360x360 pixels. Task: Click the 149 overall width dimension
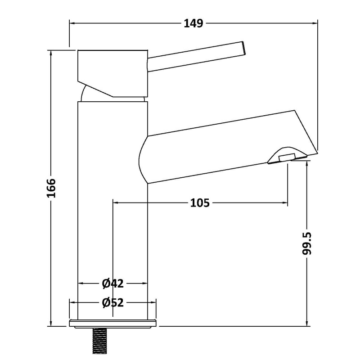pyautogui.click(x=193, y=22)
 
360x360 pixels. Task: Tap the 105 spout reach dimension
pyautogui.click(x=200, y=203)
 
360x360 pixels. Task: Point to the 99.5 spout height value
pyautogui.click(x=307, y=243)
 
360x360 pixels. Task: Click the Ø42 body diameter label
pyautogui.click(x=112, y=283)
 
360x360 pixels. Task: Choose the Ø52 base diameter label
pyautogui.click(x=112, y=303)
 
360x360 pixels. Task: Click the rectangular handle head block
pyautogui.click(x=112, y=67)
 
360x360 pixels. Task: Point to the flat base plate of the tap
pyautogui.click(x=113, y=323)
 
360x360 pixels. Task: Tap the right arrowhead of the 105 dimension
pyautogui.click(x=284, y=203)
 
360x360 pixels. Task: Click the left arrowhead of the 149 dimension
pyautogui.click(x=72, y=22)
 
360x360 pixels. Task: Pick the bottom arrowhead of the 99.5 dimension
pyautogui.click(x=307, y=323)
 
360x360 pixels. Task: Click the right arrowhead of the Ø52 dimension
pyautogui.click(x=154, y=303)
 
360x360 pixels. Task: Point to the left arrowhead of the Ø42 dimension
pyautogui.click(x=81, y=283)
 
